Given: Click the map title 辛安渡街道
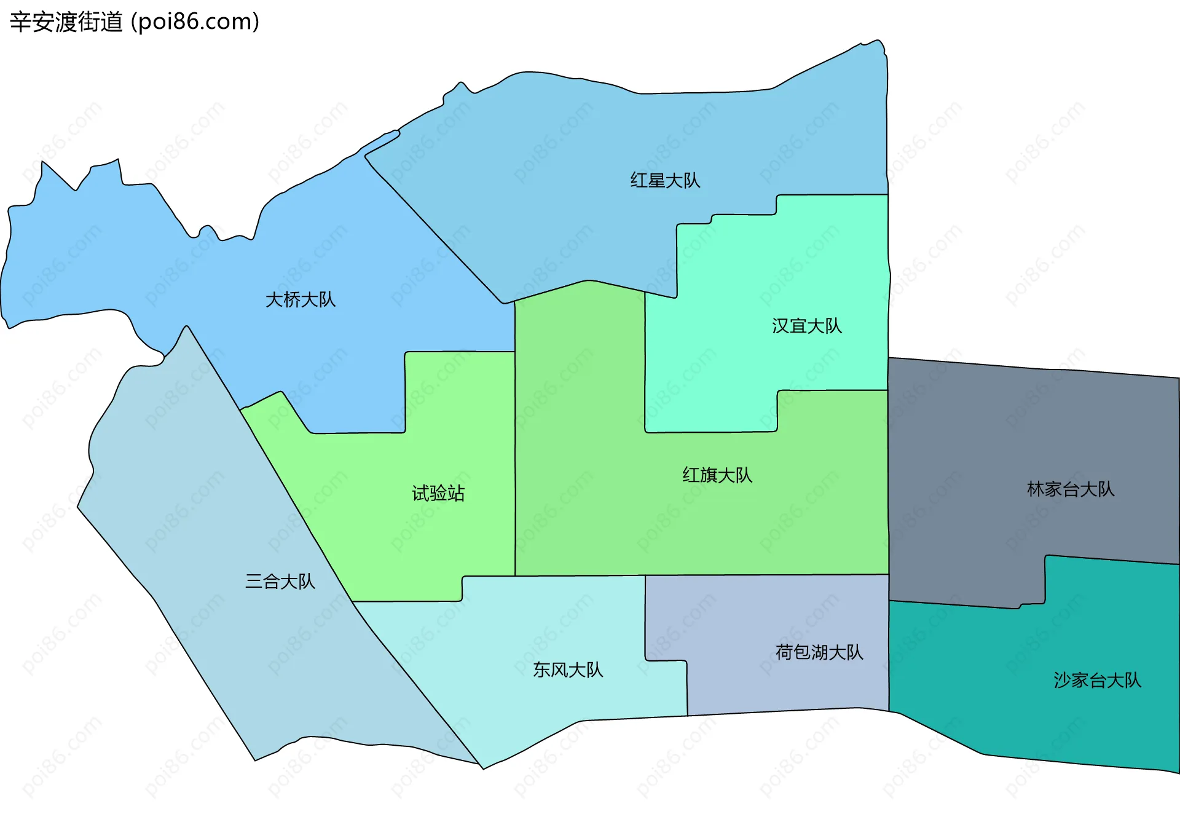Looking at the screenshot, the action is tap(66, 22).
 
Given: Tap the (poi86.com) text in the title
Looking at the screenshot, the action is tap(195, 22).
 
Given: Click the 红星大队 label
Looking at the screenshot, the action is tap(665, 181).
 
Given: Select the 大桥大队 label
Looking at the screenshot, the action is tap(301, 300).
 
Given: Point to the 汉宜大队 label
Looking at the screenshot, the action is tap(807, 326).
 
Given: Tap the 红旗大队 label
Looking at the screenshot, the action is tap(717, 475).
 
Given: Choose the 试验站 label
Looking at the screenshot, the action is tap(438, 494).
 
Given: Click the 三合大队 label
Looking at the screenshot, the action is tap(280, 582).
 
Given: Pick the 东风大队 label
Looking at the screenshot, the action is tap(568, 670).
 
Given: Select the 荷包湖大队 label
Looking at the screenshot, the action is tap(819, 652).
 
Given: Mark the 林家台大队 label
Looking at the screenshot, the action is tap(1071, 489).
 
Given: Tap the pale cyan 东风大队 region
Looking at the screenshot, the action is tap(522, 707).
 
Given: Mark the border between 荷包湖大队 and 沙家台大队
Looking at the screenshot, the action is tap(889, 652).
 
